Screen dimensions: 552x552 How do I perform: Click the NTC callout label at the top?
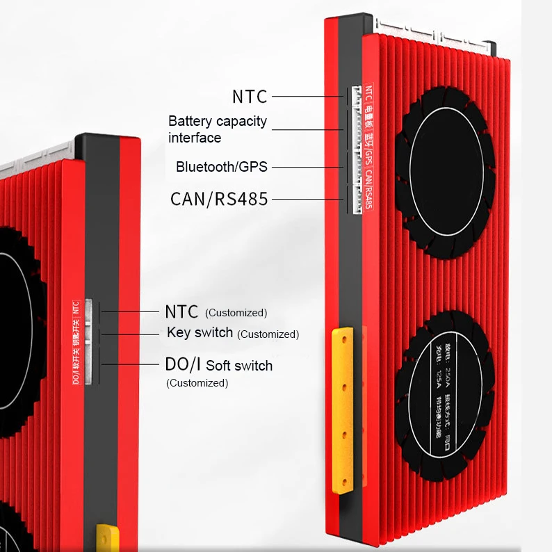pyautogui.click(x=250, y=97)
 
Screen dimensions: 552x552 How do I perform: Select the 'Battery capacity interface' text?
pyautogui.click(x=217, y=129)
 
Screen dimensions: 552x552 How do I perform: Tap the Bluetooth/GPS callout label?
pyautogui.click(x=221, y=167)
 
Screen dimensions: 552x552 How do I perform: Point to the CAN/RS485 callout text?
pyautogui.click(x=219, y=199)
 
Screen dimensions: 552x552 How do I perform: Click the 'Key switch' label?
pyautogui.click(x=200, y=332)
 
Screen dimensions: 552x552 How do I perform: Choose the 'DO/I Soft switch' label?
pyautogui.click(x=218, y=366)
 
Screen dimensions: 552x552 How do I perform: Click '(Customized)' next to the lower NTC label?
pyautogui.click(x=236, y=313)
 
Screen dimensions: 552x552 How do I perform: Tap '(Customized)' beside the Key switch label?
pyautogui.click(x=268, y=334)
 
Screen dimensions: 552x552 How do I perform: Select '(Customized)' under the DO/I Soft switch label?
pyautogui.click(x=197, y=383)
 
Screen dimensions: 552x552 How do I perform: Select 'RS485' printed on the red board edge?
pyautogui.click(x=368, y=198)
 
